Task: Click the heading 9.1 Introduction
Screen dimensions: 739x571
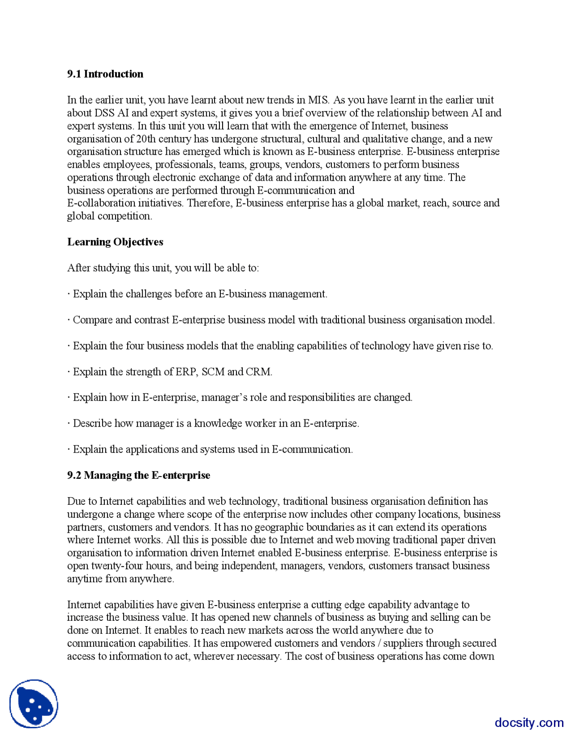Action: click(105, 74)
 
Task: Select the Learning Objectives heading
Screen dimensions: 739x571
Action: click(115, 242)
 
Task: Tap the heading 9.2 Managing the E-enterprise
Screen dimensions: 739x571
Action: click(138, 475)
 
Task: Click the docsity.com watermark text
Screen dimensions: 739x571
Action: click(529, 722)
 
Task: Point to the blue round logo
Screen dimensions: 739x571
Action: click(34, 704)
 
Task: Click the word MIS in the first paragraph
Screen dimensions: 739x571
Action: click(318, 100)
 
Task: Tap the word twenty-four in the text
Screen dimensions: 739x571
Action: click(117, 566)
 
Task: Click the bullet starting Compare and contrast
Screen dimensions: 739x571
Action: click(281, 320)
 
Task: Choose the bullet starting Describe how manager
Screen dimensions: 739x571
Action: click(213, 423)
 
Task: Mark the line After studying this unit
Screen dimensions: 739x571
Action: click(163, 268)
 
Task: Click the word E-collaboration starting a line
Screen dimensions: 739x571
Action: click(101, 203)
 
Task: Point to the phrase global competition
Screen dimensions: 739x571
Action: click(109, 216)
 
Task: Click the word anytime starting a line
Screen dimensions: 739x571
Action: click(85, 579)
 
